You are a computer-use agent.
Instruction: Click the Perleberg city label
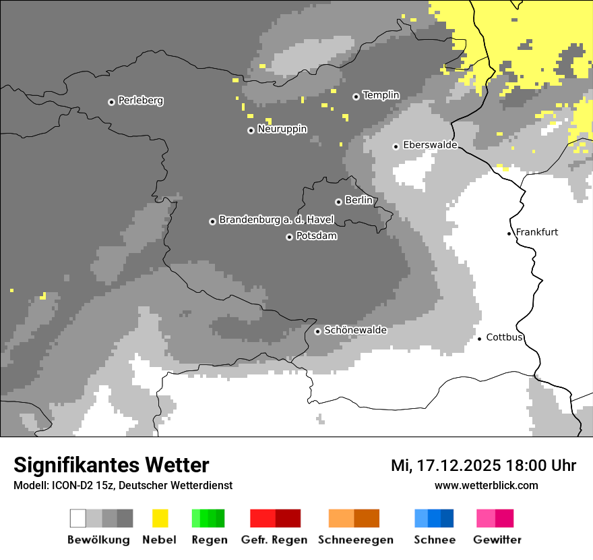pyautogui.click(x=140, y=101)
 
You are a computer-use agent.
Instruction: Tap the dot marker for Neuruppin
pyautogui.click(x=251, y=130)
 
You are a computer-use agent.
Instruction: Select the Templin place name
pyautogui.click(x=381, y=95)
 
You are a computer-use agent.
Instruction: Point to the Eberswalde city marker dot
pyautogui.click(x=396, y=146)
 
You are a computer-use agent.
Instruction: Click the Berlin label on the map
pyautogui.click(x=358, y=200)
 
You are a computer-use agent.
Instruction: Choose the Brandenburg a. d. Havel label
pyautogui.click(x=276, y=220)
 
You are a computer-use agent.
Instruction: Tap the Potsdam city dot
pyautogui.click(x=289, y=237)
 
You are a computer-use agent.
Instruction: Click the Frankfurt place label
pyautogui.click(x=536, y=232)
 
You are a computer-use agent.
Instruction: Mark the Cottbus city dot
pyautogui.click(x=479, y=338)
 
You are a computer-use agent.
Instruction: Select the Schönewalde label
pyautogui.click(x=355, y=330)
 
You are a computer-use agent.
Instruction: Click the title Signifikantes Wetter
pyautogui.click(x=111, y=465)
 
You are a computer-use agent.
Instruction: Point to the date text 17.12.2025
pyautogui.click(x=458, y=466)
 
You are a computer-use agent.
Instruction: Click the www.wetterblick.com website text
pyautogui.click(x=486, y=485)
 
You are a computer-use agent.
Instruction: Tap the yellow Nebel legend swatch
pyautogui.click(x=160, y=518)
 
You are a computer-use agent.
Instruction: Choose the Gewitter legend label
pyautogui.click(x=497, y=540)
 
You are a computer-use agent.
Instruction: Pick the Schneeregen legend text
pyautogui.click(x=355, y=540)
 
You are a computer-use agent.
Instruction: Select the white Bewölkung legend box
pyautogui.click(x=78, y=518)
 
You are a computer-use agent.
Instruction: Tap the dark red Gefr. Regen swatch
pyautogui.click(x=288, y=518)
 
